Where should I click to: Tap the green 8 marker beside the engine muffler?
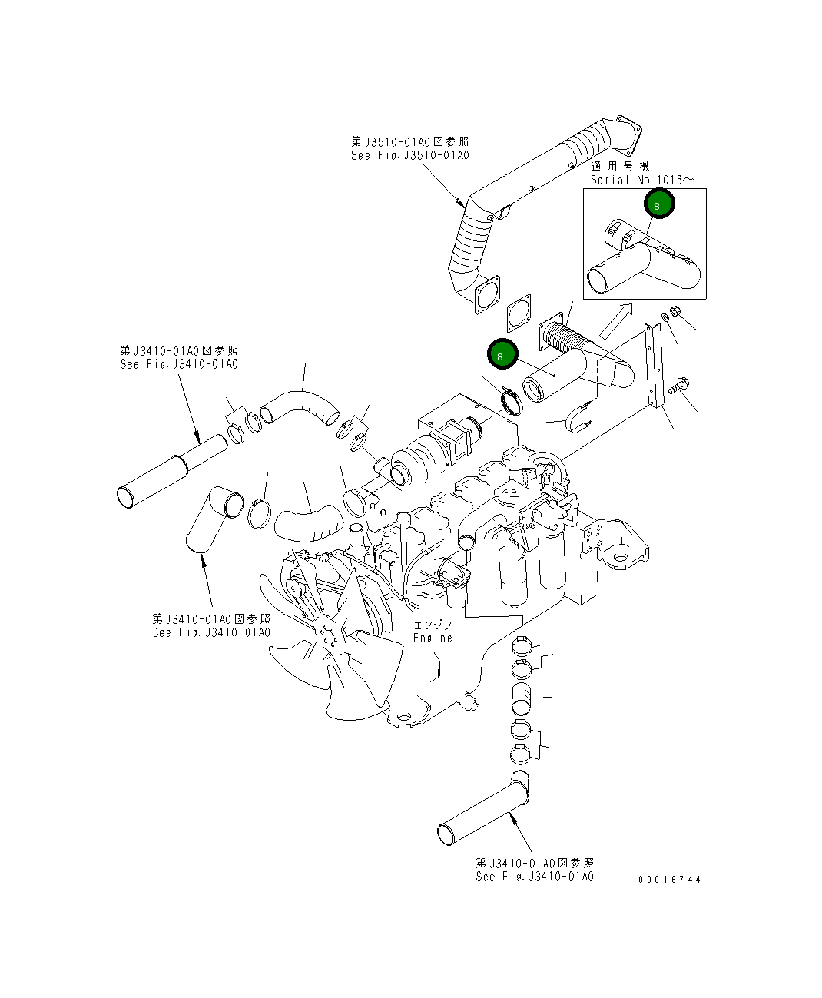(x=501, y=356)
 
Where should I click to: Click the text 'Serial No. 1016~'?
(x=642, y=180)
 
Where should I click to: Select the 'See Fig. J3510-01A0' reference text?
(x=409, y=155)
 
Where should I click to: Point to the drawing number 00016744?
(x=669, y=880)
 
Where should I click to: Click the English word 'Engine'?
(x=433, y=638)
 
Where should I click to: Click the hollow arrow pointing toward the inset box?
(x=615, y=319)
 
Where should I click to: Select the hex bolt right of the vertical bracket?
(x=679, y=386)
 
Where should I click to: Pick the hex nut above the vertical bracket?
(x=676, y=312)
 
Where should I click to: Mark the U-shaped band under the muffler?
(x=581, y=416)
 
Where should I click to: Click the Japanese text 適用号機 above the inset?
(x=620, y=167)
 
